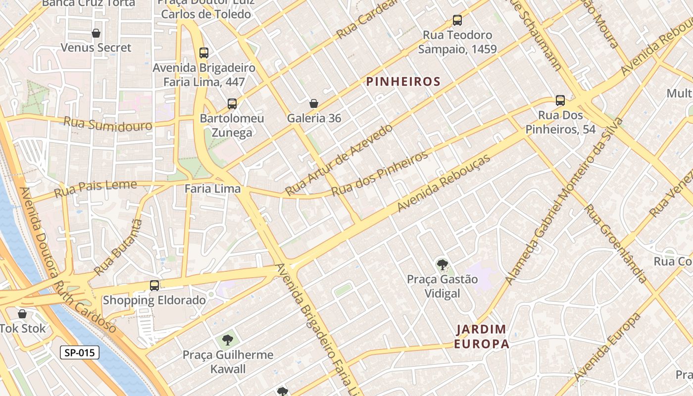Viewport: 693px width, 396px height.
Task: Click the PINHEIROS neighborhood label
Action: (403, 82)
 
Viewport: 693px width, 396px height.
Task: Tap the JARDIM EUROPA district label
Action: (482, 337)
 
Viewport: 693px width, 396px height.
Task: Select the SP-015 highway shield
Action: (80, 352)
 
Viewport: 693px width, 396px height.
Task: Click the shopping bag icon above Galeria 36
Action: (314, 103)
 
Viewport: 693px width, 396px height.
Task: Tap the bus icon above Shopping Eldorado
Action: (154, 286)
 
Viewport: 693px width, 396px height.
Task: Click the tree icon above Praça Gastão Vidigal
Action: (442, 264)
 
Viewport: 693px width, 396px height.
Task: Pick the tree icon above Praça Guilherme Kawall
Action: (228, 340)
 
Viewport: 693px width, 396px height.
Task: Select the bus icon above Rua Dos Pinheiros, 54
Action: (560, 100)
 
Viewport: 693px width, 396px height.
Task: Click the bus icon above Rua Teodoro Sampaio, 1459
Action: (457, 20)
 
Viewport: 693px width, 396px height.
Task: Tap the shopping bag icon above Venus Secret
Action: (96, 33)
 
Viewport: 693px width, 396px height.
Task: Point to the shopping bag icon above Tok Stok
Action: (22, 314)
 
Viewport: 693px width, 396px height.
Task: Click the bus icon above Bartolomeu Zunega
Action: (232, 104)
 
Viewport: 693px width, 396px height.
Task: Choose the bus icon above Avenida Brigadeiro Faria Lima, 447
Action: (203, 53)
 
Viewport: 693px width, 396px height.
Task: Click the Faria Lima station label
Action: (212, 189)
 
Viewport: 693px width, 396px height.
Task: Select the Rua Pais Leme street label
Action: (95, 188)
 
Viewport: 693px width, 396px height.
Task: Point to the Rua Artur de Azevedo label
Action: (339, 159)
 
